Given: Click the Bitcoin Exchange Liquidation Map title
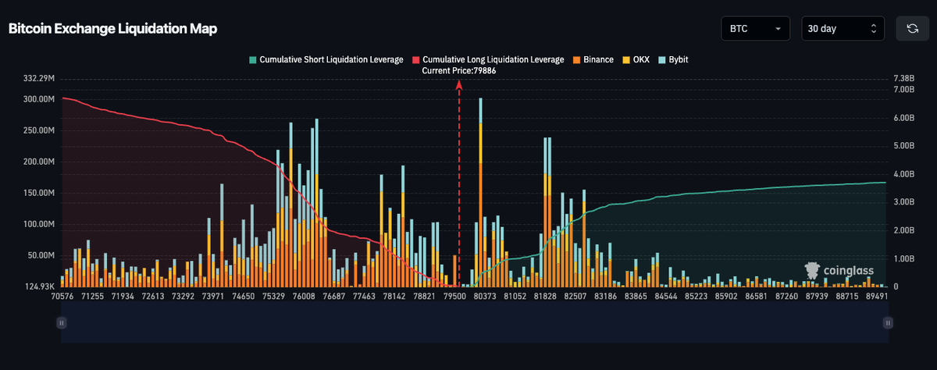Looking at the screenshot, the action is coord(112,28).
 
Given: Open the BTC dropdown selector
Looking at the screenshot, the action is coord(756,28).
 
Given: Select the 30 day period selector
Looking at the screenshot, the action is coord(843,28).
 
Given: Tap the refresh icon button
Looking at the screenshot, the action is coord(912,28).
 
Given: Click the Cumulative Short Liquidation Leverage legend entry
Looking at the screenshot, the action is coord(326,60).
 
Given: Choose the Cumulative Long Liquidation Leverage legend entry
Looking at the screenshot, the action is coord(488,60).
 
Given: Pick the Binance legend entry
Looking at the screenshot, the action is coord(593,60).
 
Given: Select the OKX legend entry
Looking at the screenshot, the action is coord(636,60).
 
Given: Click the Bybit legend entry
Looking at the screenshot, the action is coord(673,60).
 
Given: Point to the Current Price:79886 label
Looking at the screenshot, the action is coord(459,71).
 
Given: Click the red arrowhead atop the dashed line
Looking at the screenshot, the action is coord(459,85).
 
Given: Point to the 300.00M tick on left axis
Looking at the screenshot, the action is coord(39,99).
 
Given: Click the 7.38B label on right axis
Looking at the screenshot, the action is coord(904,78).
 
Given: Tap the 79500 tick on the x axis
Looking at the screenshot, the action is coord(454,296).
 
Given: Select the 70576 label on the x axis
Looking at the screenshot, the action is coord(62,296).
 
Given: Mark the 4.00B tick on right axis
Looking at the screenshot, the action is coord(904,174).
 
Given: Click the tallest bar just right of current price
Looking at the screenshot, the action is coord(481,192).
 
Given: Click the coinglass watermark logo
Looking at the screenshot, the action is coord(839,271).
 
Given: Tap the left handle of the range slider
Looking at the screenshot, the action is coord(62,322).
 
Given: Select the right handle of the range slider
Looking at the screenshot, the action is coord(888,322).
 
